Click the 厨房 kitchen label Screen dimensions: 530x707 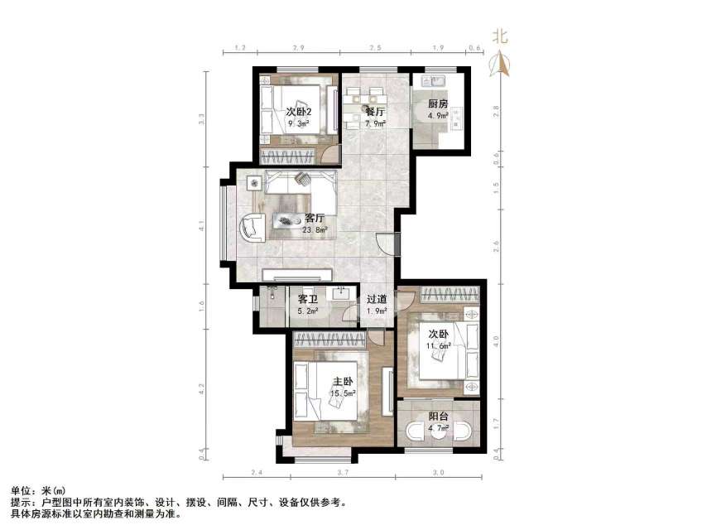438,104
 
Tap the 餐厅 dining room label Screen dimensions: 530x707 375,111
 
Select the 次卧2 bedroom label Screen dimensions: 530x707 299,112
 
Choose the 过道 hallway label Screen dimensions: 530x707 377,300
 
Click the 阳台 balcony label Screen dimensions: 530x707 438,417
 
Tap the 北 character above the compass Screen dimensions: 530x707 499,36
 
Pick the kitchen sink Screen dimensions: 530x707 433,80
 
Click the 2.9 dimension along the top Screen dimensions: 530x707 297,48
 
